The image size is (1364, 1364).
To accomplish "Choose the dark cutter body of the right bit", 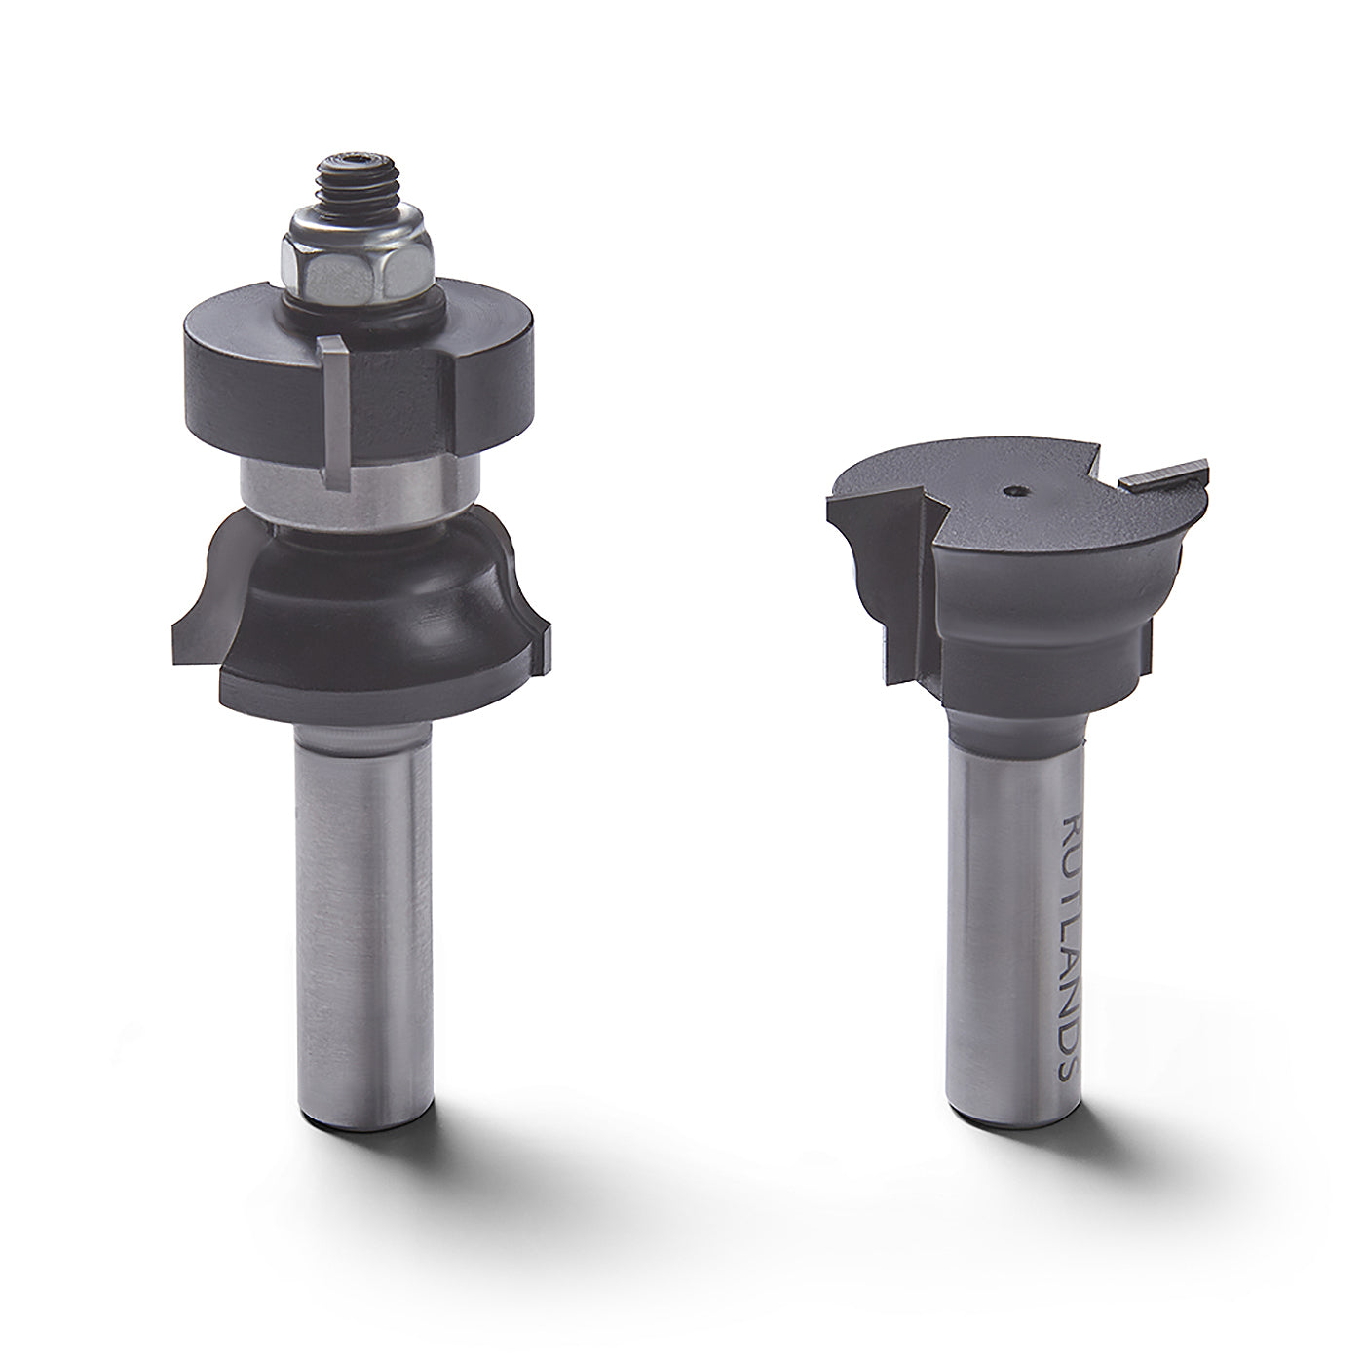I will pyautogui.click(x=1033, y=604).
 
